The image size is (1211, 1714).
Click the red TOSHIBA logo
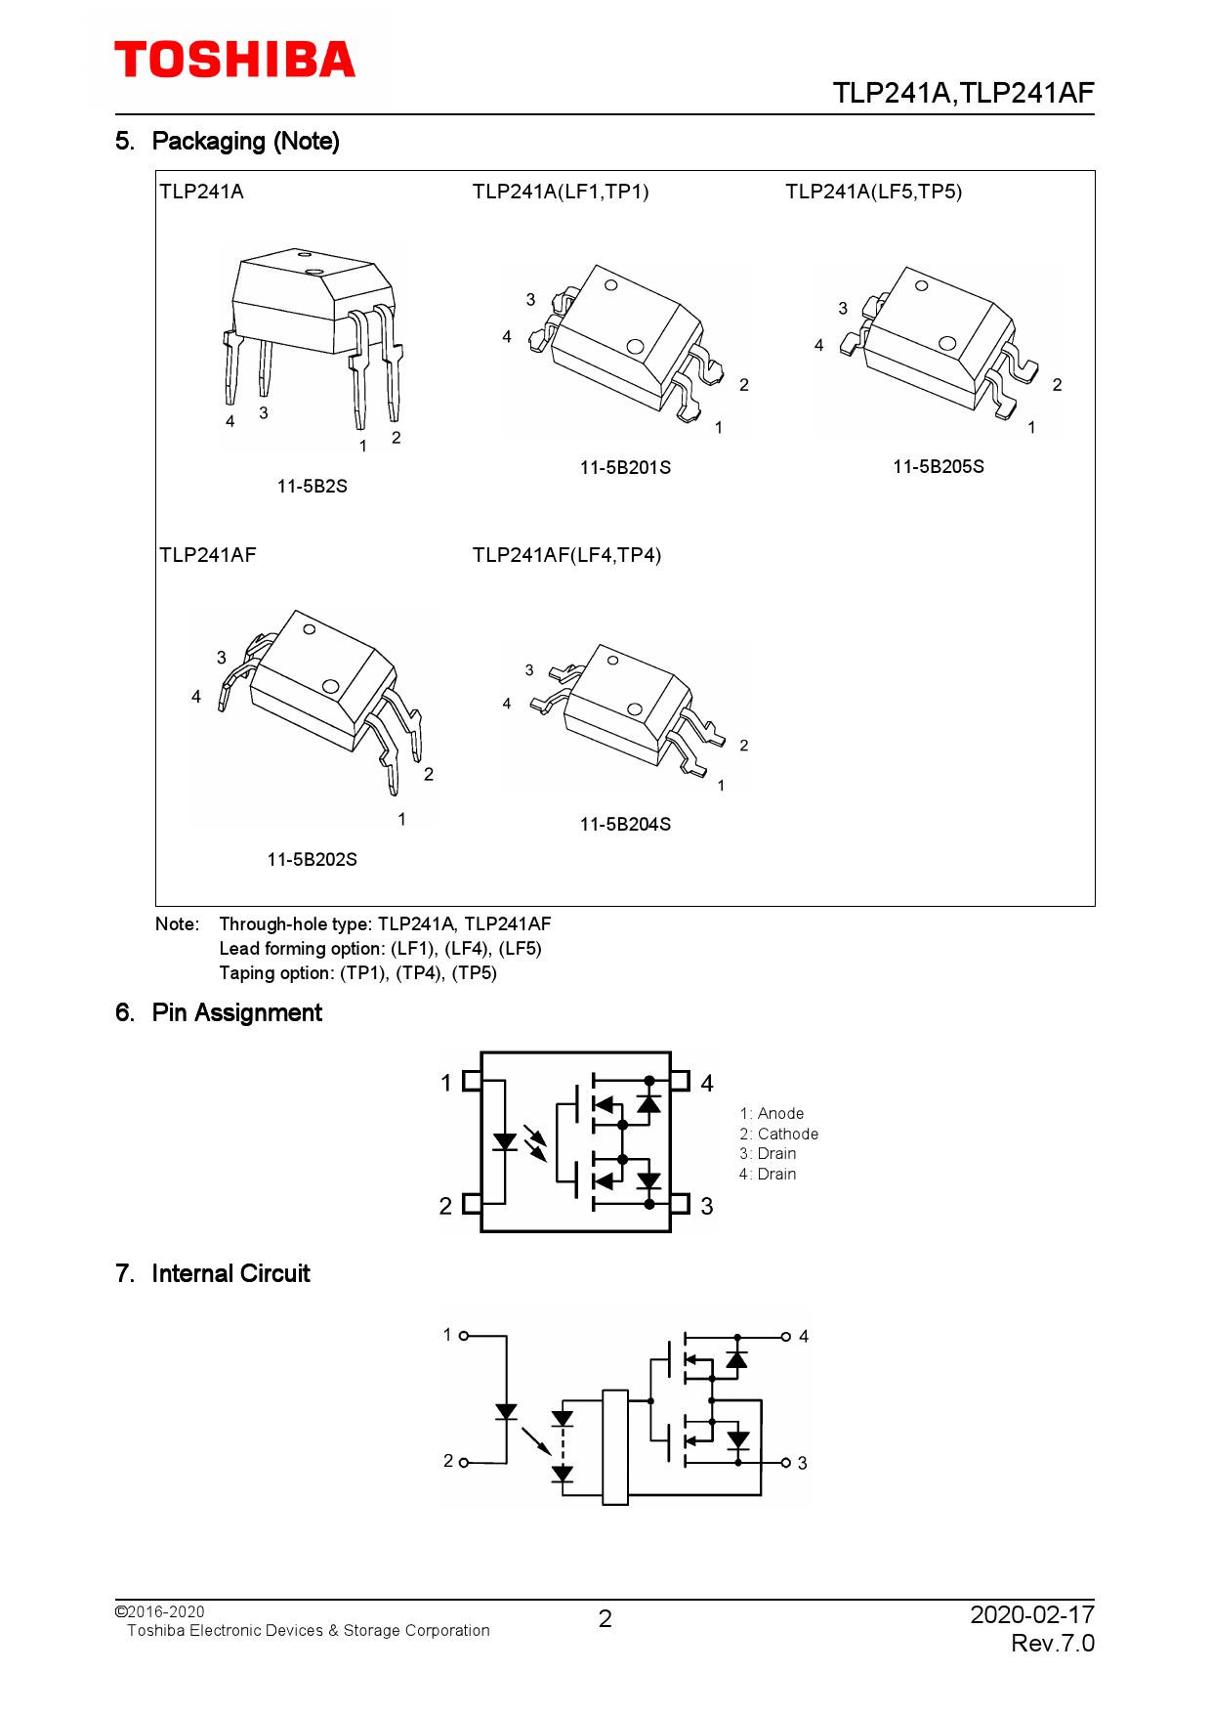(x=234, y=60)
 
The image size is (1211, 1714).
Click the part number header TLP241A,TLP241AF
(x=962, y=93)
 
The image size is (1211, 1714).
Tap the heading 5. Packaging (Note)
(x=227, y=142)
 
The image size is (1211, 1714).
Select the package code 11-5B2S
(x=312, y=486)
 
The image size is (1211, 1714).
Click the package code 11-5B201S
(x=625, y=467)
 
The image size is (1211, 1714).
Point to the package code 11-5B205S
(x=938, y=466)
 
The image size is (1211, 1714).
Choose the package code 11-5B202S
(x=312, y=859)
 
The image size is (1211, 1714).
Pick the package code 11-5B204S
(x=625, y=824)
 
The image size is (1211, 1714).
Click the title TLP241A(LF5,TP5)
(x=873, y=192)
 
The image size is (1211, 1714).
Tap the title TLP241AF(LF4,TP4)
(x=566, y=555)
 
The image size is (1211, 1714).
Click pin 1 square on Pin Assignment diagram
(x=472, y=1081)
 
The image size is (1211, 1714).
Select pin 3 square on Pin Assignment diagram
(x=681, y=1204)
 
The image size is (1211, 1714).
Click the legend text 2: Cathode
(x=778, y=1134)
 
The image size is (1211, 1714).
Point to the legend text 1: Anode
(x=772, y=1113)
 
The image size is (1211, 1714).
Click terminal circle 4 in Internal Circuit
(x=786, y=1336)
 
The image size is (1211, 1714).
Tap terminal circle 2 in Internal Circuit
(x=464, y=1463)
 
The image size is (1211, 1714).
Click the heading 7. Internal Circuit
(x=212, y=1273)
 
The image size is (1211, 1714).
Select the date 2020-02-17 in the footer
(x=1031, y=1614)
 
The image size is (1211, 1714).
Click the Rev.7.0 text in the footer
(x=1052, y=1644)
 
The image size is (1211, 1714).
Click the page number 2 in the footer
(x=605, y=1619)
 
